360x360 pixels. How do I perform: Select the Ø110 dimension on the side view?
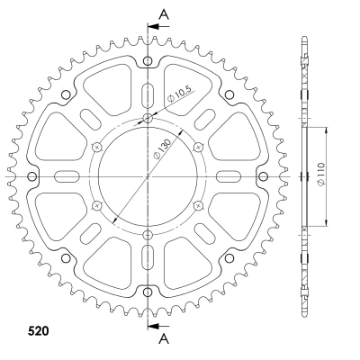point(320,175)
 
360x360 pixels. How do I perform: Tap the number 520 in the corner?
point(38,331)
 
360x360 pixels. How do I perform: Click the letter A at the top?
point(164,14)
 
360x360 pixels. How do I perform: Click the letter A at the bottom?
point(164,339)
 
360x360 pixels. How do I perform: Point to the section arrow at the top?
point(158,26)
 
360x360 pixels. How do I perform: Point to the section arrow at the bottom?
point(158,326)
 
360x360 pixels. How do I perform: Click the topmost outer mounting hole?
point(148,61)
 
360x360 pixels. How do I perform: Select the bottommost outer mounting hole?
point(148,292)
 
